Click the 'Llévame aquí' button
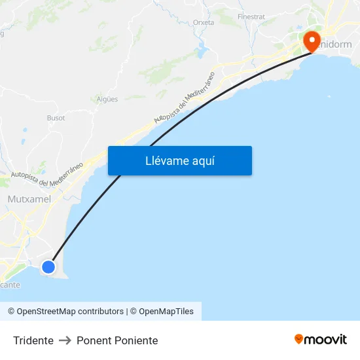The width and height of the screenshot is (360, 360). pos(179,160)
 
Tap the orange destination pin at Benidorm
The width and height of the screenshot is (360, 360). pos(311,41)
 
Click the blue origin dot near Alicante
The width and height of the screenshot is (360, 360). pos(48,266)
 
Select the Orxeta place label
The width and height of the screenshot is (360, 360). pos(204,22)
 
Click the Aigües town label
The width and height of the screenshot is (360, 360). pos(107,99)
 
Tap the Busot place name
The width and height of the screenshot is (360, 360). pos(56,118)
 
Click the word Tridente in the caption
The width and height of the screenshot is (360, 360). pos(33,340)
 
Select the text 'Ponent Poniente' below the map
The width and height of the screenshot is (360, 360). pos(117,340)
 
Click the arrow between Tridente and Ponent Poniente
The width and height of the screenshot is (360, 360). pos(65,340)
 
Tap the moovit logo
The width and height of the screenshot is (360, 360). pos(320,340)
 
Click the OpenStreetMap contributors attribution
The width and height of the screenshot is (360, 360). pos(65,312)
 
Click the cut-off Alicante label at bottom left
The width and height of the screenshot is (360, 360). pos(10,285)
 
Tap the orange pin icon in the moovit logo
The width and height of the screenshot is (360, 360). pos(299,339)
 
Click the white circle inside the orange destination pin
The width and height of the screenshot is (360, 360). pos(311,38)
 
